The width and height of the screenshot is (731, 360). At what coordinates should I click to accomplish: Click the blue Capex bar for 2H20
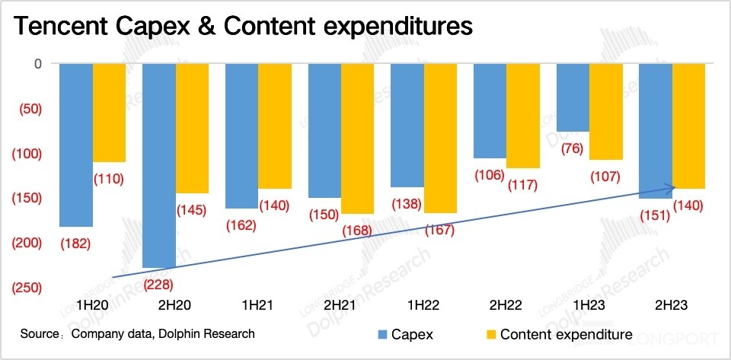click(x=159, y=165)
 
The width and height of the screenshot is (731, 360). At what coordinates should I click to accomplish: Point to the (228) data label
click(x=160, y=284)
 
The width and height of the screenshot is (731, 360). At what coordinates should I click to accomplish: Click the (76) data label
click(x=573, y=148)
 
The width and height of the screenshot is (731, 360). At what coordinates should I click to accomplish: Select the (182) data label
click(x=75, y=244)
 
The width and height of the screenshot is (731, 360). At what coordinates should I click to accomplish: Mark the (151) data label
click(x=653, y=215)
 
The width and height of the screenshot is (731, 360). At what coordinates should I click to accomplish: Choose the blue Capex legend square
click(x=383, y=334)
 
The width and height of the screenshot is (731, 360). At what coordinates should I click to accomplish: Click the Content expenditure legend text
click(x=566, y=334)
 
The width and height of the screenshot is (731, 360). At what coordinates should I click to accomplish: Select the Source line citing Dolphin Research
click(x=138, y=333)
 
